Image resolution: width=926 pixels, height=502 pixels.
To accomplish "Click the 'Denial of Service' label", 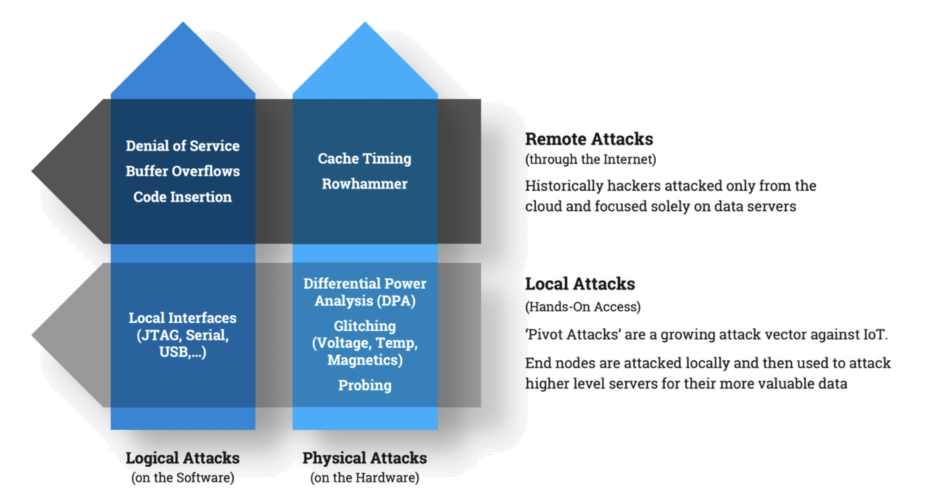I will point(182,146).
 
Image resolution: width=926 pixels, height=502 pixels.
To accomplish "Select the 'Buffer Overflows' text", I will point(182,171).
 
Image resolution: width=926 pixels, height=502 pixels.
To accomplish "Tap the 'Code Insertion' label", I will point(182,197).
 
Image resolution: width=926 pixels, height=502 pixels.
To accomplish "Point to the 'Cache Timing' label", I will point(364,158).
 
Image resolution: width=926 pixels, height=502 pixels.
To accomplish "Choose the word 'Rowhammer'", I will point(364,184).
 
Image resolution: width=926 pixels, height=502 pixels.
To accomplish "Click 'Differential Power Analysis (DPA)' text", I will point(364,292).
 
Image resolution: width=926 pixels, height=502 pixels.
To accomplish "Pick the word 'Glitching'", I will point(364,326).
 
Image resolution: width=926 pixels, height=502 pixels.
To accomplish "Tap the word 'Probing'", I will point(364,385).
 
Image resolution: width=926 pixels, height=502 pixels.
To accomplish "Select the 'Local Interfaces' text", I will point(182,318).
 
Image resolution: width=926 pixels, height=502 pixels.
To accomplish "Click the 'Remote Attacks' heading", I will point(589,139).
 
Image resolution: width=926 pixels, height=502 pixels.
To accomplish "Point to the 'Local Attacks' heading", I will point(580,284).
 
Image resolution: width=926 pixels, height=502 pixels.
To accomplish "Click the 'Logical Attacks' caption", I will point(182,458).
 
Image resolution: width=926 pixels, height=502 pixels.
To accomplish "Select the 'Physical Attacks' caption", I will point(364,458).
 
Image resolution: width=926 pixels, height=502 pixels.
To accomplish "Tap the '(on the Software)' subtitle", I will point(182,477).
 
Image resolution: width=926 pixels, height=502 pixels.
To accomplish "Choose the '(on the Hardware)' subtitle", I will point(364,477).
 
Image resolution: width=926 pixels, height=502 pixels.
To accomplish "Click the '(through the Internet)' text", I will point(590,159).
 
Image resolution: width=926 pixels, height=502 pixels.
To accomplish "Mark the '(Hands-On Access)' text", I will point(582,307).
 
